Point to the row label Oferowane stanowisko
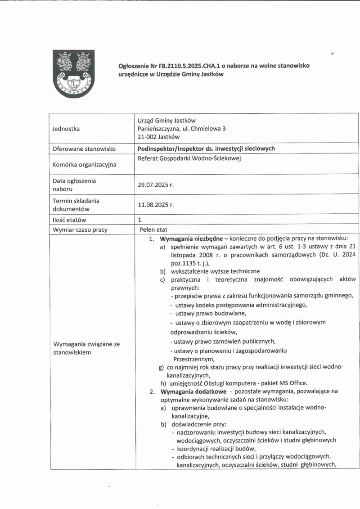[x=85, y=149]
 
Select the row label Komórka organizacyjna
[x=85, y=165]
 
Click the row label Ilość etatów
[x=69, y=220]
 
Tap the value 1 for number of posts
[x=140, y=220]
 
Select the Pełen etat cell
[x=153, y=230]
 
